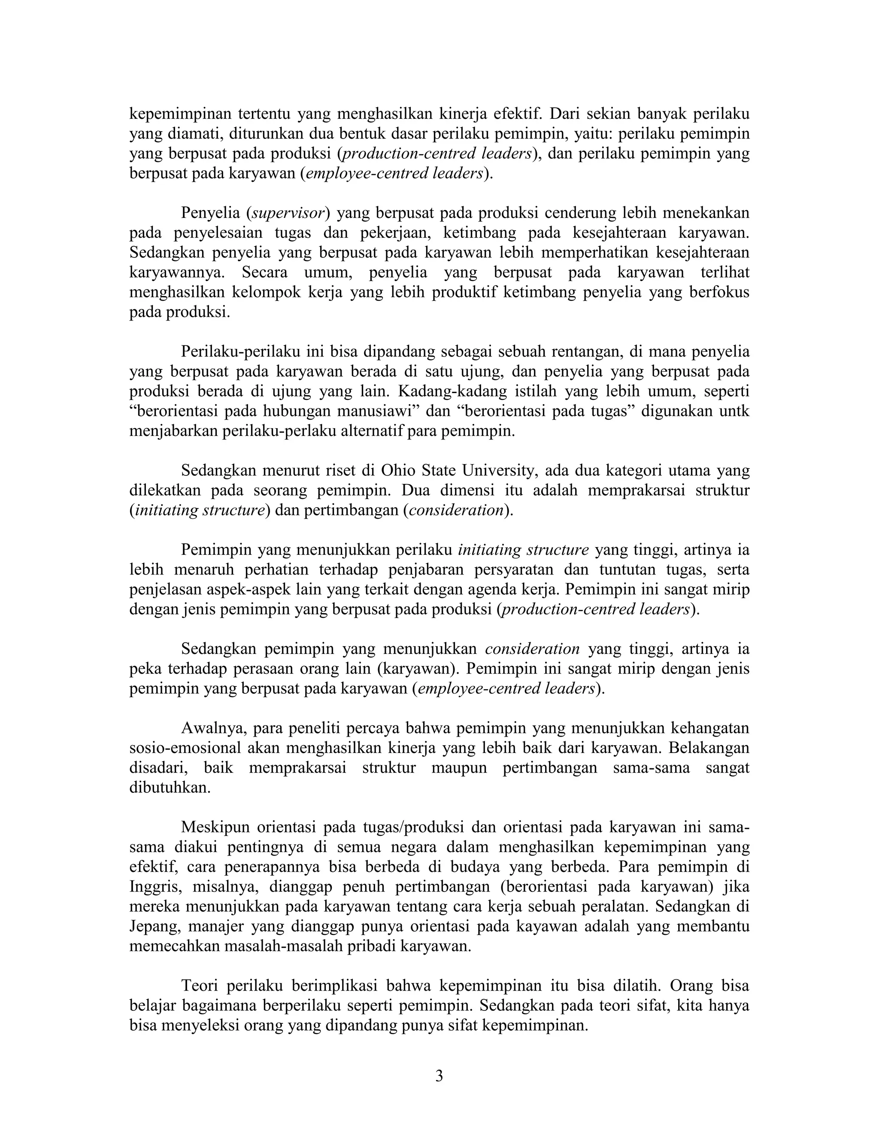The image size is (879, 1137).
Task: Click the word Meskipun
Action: [x=215, y=827]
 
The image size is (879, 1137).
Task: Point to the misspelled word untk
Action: [x=734, y=411]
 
